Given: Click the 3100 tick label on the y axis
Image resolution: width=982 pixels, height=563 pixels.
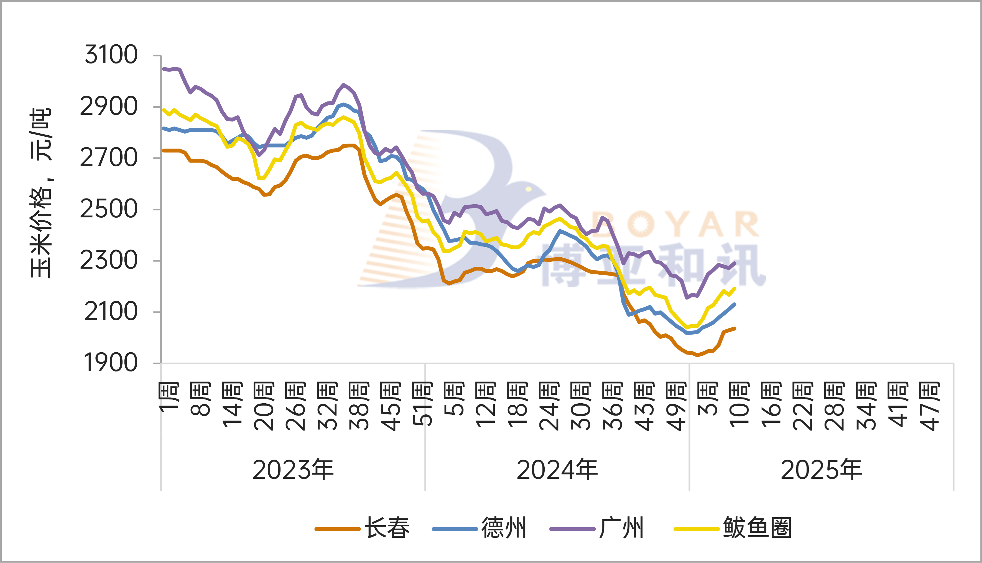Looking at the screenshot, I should click(x=111, y=55).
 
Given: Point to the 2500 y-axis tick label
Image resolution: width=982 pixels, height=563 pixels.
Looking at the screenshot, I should click(x=109, y=209).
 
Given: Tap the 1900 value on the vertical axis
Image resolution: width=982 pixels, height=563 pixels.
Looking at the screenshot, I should click(x=111, y=363).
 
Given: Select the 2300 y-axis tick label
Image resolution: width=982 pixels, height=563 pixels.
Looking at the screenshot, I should click(x=109, y=260).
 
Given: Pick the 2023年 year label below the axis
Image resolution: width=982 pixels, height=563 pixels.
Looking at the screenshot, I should click(x=293, y=470).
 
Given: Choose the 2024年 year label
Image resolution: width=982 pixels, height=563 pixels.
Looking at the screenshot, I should click(x=557, y=470).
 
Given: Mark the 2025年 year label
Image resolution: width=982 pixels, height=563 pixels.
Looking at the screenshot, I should click(x=821, y=470).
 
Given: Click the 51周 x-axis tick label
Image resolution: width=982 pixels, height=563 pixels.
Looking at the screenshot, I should click(x=422, y=404).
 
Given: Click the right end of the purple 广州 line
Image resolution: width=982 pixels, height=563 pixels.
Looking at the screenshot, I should click(x=734, y=263).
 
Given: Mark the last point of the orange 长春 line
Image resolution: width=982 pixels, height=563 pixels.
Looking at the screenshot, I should click(x=734, y=329).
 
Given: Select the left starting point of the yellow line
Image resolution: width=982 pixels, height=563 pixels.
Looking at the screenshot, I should click(x=164, y=110).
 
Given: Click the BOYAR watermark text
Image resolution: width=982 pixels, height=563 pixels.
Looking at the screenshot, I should click(x=675, y=224).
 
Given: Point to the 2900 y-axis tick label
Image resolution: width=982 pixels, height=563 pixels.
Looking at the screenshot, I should click(x=109, y=106).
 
